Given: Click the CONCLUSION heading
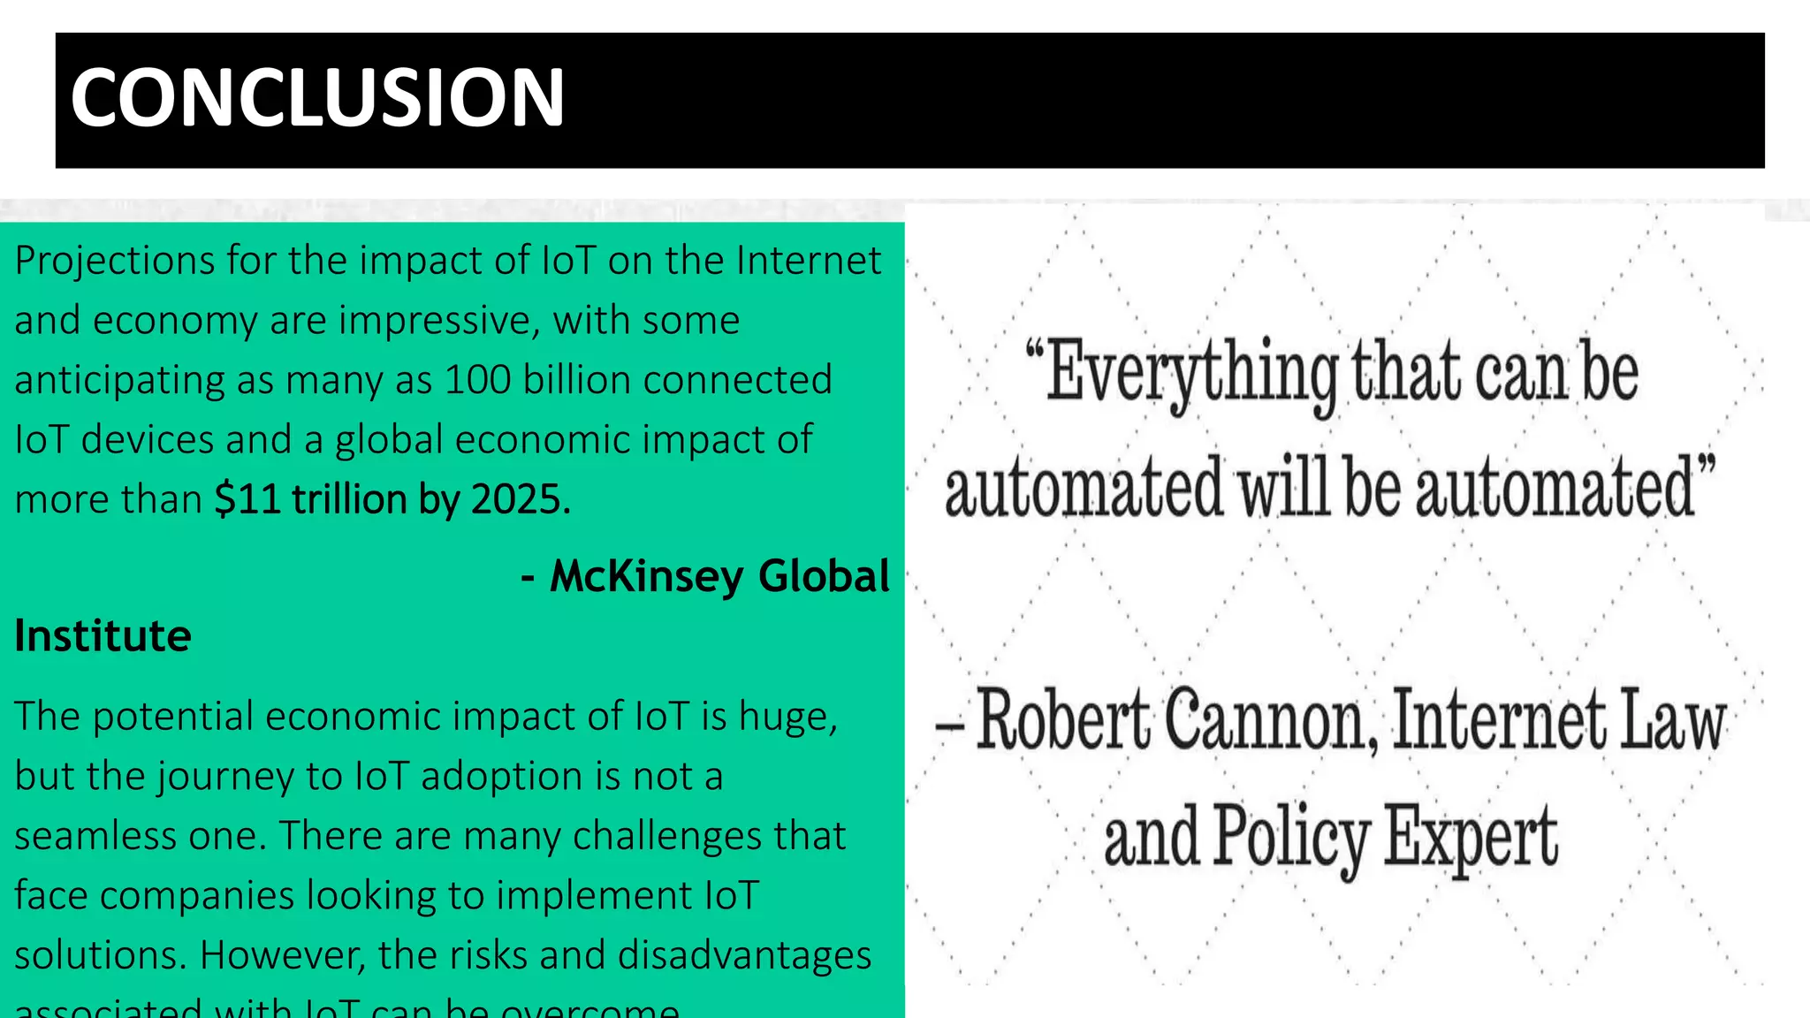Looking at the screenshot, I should point(316,97).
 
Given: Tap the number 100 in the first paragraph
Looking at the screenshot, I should point(477,380).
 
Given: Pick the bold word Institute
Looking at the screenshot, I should point(103,636).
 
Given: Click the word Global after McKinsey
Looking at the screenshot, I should point(823,576).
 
